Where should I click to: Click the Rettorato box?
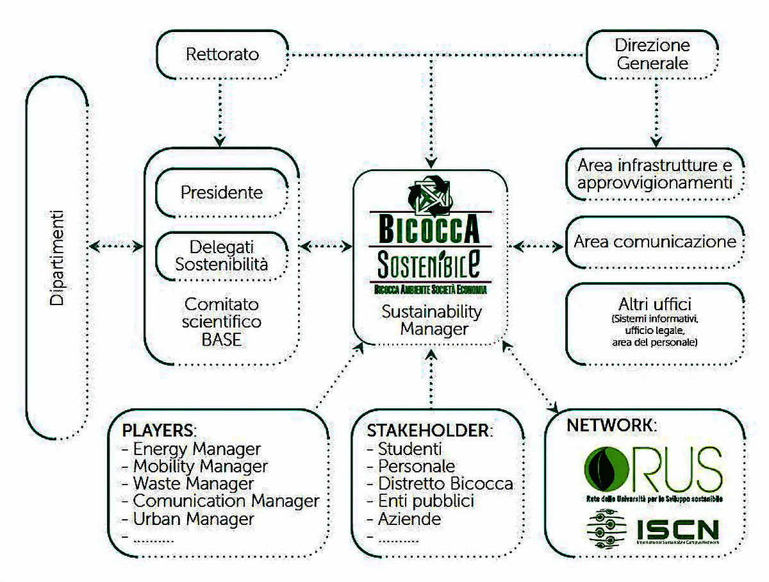point(222,54)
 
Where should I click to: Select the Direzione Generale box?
point(652,54)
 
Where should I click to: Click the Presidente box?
point(221,192)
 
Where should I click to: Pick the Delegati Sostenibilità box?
point(221,255)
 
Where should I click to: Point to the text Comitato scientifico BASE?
point(222,321)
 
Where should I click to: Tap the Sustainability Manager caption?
point(431,320)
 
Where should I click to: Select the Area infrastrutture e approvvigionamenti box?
point(654,174)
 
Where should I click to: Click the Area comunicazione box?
point(654,242)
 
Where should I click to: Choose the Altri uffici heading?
point(654,304)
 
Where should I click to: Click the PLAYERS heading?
point(158,429)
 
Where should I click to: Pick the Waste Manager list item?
point(193,483)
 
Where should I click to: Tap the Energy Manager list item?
point(196,449)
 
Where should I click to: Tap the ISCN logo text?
point(677,529)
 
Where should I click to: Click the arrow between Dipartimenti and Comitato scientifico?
point(117,245)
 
